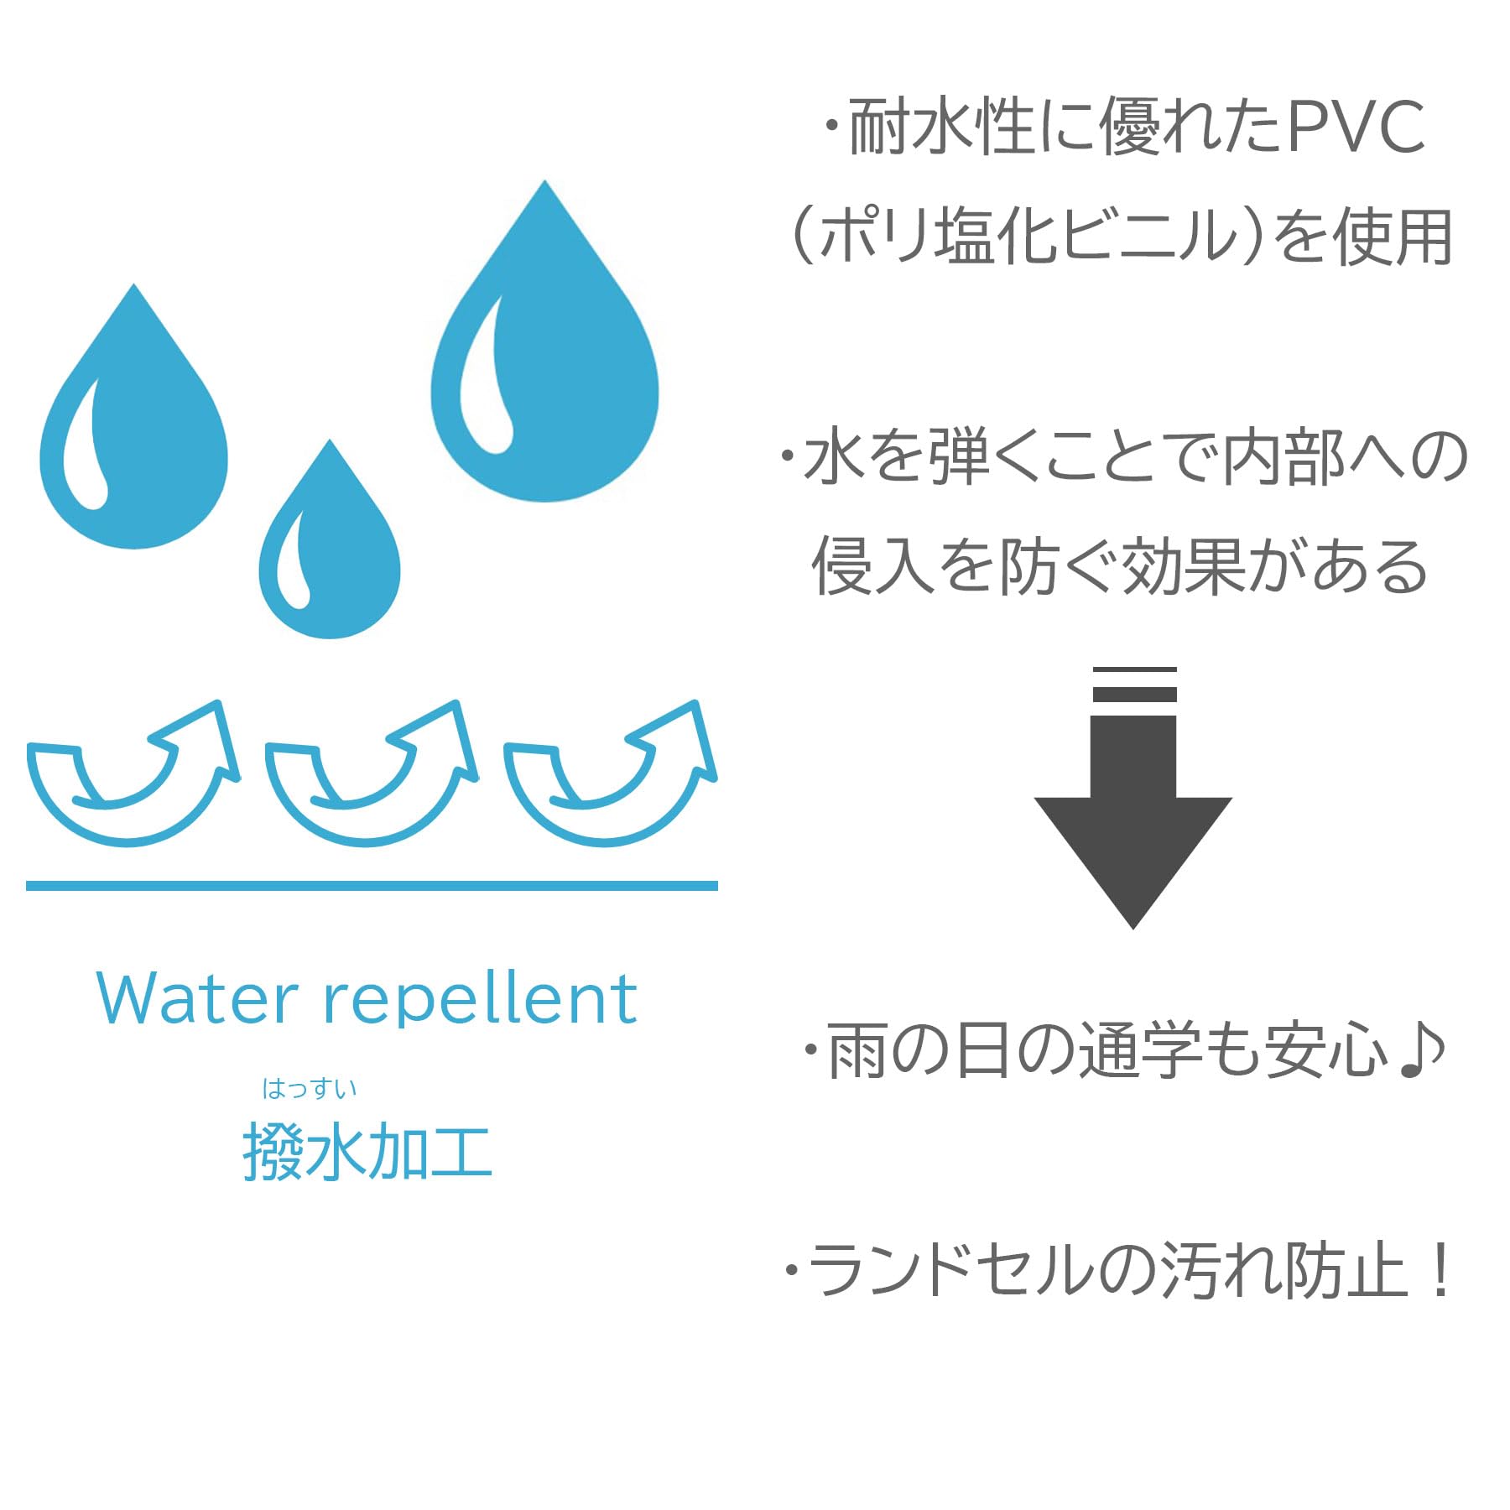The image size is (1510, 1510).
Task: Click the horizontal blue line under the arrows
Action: click(x=372, y=886)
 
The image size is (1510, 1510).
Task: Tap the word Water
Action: click(x=197, y=999)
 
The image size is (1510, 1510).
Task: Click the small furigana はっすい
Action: click(x=310, y=1089)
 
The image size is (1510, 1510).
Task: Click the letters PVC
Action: click(x=1356, y=128)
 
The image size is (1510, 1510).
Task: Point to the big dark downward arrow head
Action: click(x=1132, y=856)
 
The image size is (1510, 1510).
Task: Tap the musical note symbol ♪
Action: click(x=1423, y=1051)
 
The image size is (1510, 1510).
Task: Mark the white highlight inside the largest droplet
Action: click(x=485, y=377)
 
